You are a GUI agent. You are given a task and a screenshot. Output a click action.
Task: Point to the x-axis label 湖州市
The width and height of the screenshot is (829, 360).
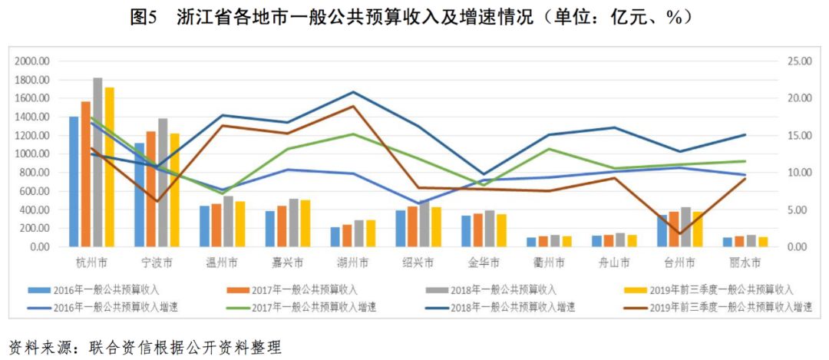(x=353, y=263)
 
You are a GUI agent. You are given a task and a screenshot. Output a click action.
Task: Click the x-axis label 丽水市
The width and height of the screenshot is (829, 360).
(x=746, y=263)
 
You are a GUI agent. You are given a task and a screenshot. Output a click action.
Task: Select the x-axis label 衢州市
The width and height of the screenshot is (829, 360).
(x=550, y=263)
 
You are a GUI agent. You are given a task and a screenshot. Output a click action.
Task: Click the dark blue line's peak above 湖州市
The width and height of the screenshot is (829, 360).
(x=353, y=92)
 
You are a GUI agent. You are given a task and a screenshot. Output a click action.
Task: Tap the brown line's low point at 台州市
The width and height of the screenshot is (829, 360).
(x=680, y=233)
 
